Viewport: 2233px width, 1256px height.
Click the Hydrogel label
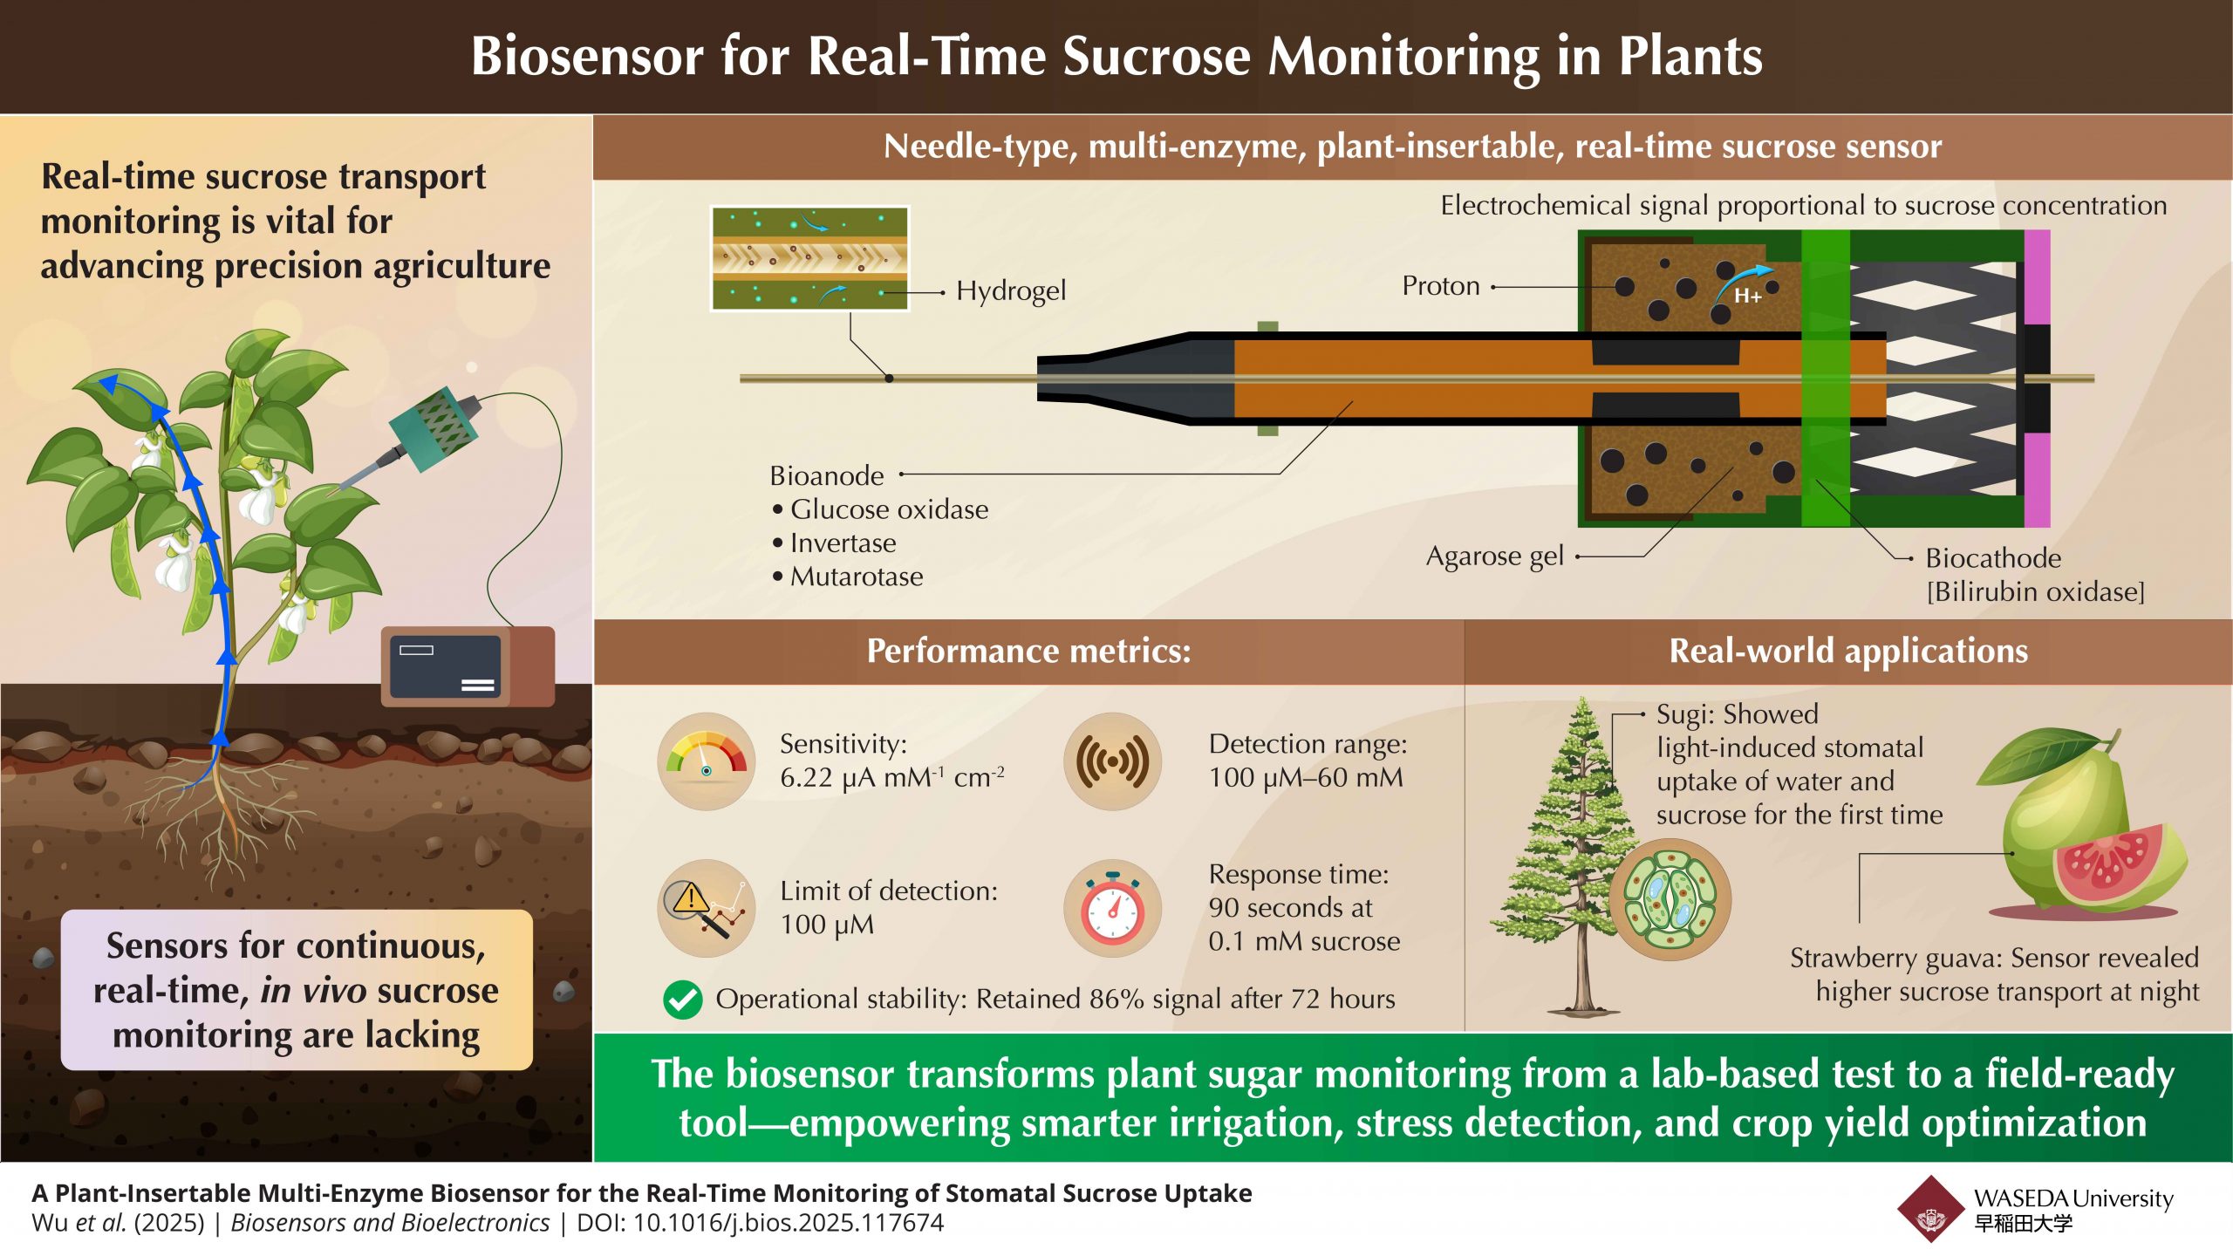coord(1010,290)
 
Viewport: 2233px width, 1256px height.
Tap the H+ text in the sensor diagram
coord(1747,297)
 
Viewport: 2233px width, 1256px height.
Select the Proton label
coord(1440,286)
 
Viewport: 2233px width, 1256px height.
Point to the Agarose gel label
coord(1494,556)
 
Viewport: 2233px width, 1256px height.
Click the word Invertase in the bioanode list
coord(843,543)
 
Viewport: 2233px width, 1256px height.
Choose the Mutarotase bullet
coord(856,577)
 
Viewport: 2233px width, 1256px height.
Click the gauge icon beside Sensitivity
coord(706,761)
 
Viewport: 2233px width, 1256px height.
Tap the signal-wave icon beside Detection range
coord(1112,761)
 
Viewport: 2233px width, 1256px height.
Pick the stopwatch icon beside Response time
coord(1112,908)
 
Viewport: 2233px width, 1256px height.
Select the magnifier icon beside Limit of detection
coord(706,908)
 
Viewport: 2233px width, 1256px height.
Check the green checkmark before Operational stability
coord(682,1000)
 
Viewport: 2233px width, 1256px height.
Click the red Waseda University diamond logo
coord(1931,1209)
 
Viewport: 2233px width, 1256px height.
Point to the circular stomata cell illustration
coord(1669,899)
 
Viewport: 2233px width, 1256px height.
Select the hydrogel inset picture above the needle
coord(809,258)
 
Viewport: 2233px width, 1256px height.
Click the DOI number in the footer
coord(788,1223)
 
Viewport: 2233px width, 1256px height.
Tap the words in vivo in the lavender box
coord(313,991)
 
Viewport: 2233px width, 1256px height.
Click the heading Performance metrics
coord(1028,652)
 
